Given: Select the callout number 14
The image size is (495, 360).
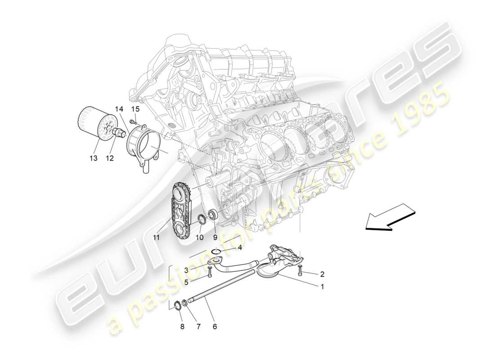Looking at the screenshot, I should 118,109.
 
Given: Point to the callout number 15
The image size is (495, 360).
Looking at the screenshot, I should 135,109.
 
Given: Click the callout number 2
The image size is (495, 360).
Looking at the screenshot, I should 322,273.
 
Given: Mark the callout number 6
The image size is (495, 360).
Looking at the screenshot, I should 215,327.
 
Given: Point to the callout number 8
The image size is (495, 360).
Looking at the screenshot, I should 182,327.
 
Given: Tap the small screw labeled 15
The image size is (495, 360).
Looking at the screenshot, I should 132,121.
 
